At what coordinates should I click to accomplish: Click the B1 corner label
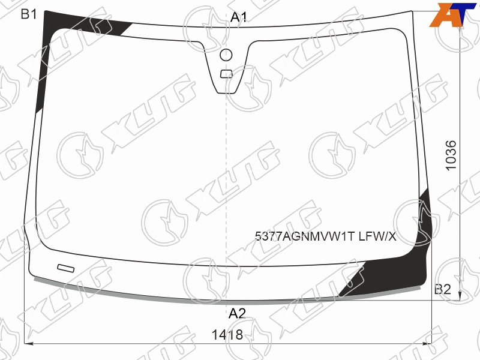coord(29,14)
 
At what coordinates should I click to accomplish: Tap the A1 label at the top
coord(239,17)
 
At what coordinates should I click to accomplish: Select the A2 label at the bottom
coord(237,313)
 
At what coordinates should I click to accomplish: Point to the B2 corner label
coord(443,289)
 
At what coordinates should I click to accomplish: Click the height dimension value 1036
coord(451,155)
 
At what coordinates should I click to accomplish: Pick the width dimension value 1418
coord(227,335)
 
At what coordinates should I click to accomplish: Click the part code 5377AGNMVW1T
coord(305,236)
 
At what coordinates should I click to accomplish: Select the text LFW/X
coord(377,236)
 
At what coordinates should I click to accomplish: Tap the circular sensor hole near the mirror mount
coord(226,55)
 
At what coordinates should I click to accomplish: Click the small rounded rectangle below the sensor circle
coord(227,74)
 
